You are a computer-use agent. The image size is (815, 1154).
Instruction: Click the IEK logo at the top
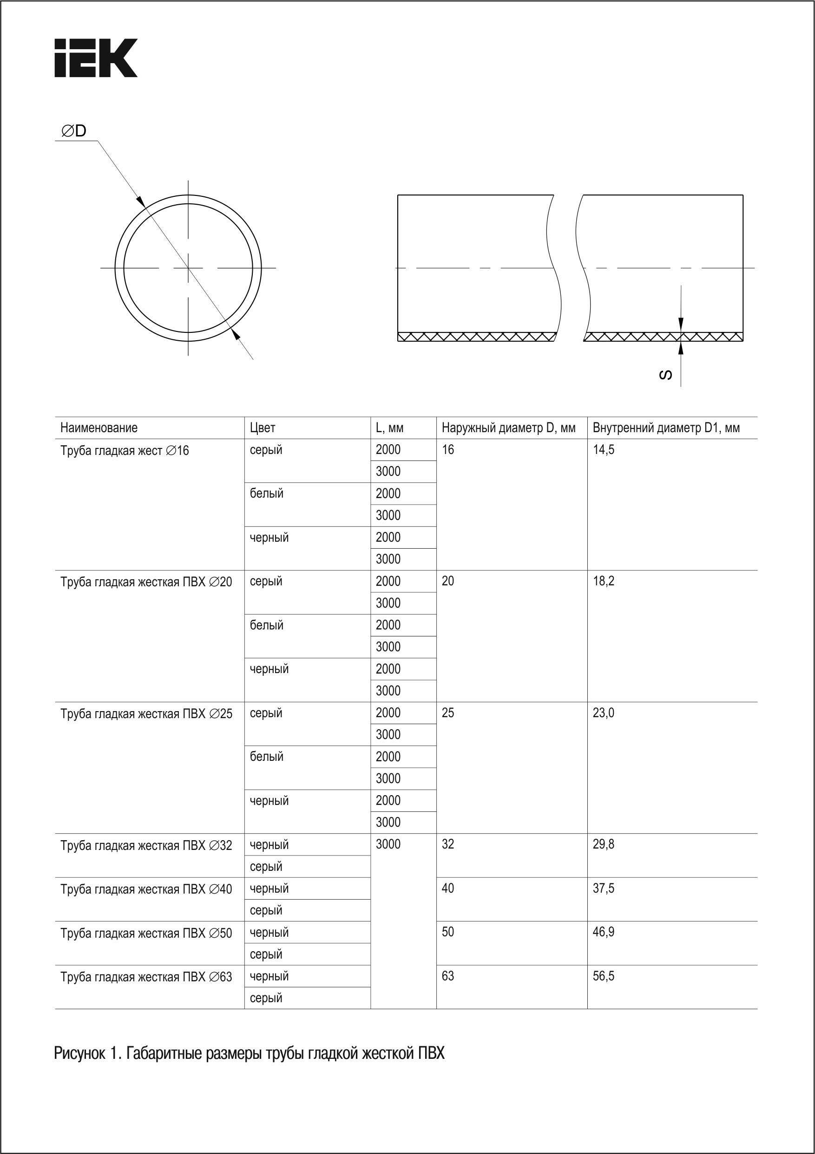(96, 58)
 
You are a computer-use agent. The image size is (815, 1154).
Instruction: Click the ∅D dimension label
(73, 131)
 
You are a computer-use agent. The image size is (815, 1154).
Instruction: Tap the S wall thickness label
(665, 375)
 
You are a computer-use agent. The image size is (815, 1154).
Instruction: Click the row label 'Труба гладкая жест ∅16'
(124, 450)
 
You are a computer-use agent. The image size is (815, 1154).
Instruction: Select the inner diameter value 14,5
(603, 450)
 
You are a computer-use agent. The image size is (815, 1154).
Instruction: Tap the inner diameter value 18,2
(603, 582)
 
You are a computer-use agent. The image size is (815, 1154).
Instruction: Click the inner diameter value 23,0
(603, 713)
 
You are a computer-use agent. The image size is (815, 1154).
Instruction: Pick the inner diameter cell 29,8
(603, 844)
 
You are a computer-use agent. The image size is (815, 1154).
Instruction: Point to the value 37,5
(603, 888)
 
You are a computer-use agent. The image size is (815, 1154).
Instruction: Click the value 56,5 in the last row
(603, 976)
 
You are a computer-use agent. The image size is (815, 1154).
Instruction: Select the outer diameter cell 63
(448, 976)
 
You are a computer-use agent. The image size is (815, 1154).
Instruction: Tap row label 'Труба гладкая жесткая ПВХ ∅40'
(146, 889)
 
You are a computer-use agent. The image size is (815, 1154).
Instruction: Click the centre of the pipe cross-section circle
(188, 268)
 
